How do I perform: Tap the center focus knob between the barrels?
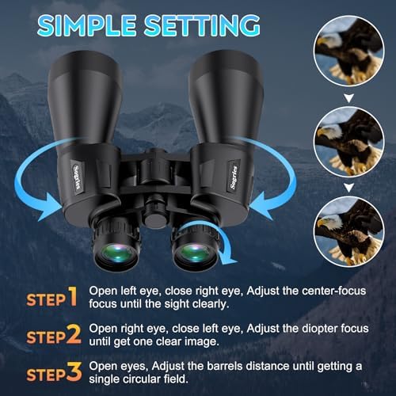pyautogui.click(x=155, y=211)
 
